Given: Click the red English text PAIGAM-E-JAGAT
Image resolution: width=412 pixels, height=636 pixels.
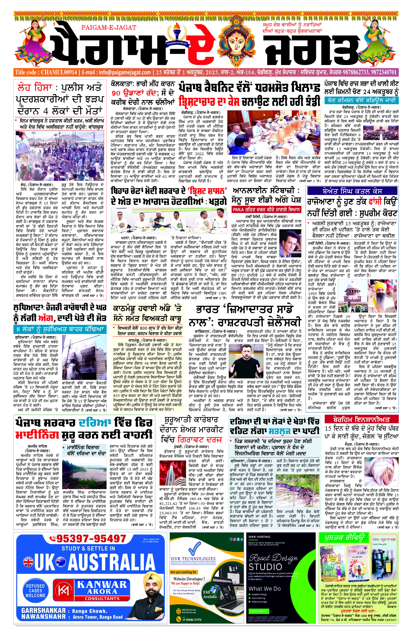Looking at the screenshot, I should click(109, 28).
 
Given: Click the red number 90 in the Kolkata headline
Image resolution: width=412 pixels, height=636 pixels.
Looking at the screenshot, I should click(116, 93).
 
